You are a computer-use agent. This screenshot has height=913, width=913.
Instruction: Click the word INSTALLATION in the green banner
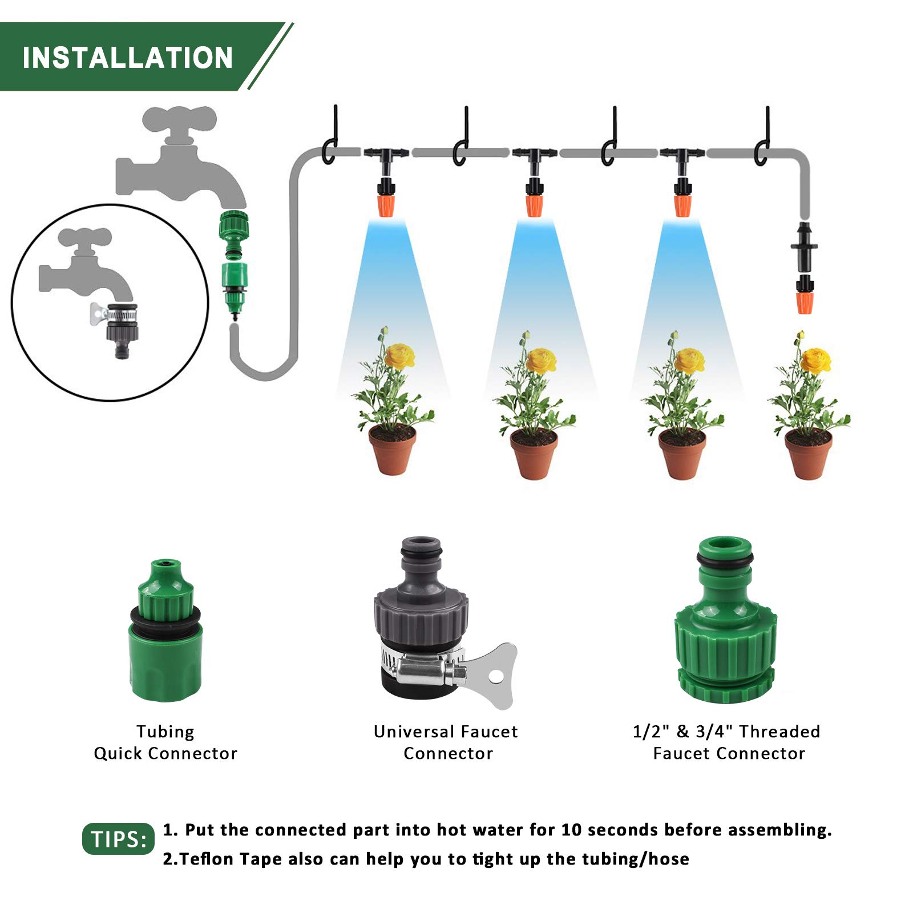(128, 58)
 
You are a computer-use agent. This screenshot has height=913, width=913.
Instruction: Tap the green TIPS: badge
(118, 839)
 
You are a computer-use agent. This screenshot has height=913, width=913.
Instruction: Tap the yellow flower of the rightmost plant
(815, 359)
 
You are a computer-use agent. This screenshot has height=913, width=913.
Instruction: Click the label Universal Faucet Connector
(446, 742)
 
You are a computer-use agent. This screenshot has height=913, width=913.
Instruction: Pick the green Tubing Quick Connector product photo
(165, 633)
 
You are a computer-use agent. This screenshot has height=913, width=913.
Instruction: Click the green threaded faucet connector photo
(725, 622)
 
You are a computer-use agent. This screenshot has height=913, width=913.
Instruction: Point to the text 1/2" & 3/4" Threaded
(726, 732)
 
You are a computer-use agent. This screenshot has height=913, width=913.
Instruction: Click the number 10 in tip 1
(571, 830)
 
